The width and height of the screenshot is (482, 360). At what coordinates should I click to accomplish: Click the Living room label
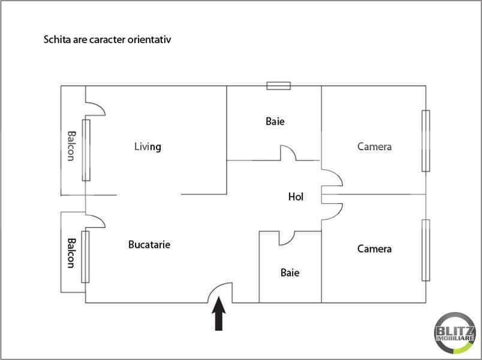[147, 147]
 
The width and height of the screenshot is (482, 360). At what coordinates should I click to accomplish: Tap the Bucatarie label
[149, 244]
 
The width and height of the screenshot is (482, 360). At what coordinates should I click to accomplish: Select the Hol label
[296, 197]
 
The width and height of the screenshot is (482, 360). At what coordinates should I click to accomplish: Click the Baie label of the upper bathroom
[275, 121]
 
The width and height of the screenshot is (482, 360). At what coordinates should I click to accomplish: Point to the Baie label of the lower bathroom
[290, 272]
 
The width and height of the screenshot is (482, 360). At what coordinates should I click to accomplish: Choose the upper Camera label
[375, 146]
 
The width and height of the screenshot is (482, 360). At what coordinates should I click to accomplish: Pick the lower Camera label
[375, 248]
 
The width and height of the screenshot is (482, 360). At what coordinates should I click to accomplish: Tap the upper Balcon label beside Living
[71, 146]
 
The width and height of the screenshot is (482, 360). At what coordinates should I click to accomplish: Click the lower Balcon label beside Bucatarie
[71, 253]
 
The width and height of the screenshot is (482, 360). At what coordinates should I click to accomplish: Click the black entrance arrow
[219, 314]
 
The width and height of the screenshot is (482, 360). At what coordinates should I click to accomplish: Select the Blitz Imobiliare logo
[455, 332]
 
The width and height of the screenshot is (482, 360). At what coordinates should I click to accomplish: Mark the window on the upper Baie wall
[279, 86]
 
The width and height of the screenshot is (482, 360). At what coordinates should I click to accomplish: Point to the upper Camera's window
[426, 140]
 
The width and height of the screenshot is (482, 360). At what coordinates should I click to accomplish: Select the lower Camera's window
[426, 250]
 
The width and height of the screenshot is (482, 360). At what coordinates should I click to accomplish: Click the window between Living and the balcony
[86, 150]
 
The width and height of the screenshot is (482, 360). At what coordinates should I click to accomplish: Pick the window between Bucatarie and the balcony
[85, 257]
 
